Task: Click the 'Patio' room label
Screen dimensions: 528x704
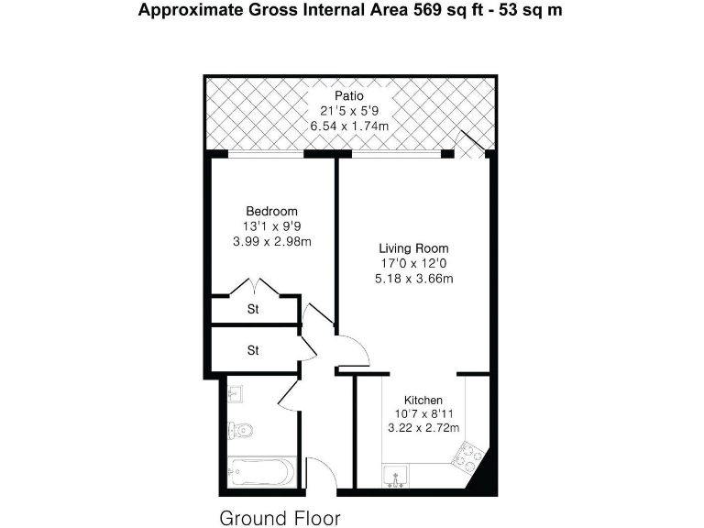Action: coord(348,95)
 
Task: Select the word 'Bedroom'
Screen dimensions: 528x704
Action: coord(271,212)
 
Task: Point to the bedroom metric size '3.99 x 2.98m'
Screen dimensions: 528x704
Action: coord(271,242)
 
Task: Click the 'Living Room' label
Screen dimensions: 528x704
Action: coord(414,248)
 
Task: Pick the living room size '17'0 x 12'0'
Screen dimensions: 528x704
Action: coord(414,264)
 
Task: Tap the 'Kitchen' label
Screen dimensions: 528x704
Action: coord(423,401)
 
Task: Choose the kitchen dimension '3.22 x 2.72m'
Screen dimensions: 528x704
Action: coord(423,429)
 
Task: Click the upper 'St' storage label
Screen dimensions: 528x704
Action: coord(253,310)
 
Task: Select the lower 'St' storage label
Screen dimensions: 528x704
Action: coord(253,350)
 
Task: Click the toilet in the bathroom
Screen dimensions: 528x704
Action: coord(240,429)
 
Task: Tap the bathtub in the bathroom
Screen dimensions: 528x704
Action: coord(259,472)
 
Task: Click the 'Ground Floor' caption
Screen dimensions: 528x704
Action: coord(280,518)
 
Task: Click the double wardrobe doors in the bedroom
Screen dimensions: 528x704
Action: coord(254,287)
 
